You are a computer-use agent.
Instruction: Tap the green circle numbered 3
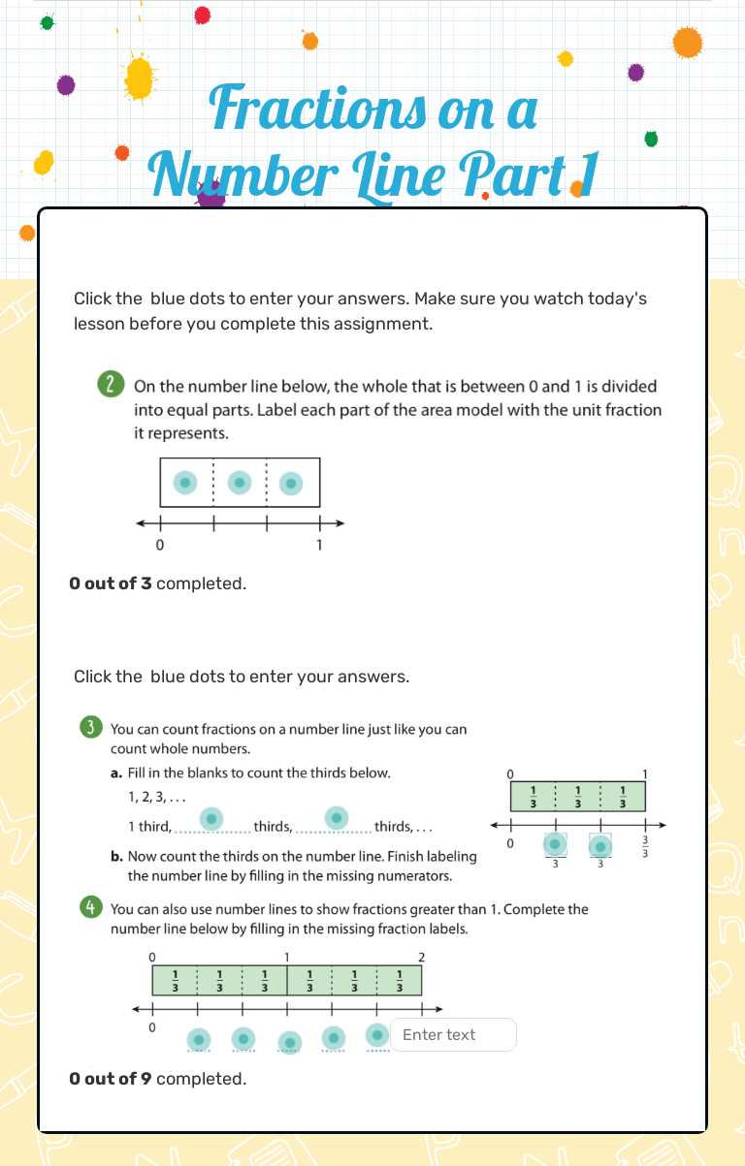click(x=90, y=728)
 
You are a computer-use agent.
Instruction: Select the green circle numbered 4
click(x=90, y=908)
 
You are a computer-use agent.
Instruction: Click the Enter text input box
click(x=453, y=1034)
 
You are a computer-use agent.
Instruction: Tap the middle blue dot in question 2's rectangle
click(x=240, y=482)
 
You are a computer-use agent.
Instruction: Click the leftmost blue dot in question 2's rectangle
click(x=186, y=482)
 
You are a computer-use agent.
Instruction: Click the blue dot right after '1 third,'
click(x=211, y=819)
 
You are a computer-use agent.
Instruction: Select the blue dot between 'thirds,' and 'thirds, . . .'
click(x=336, y=818)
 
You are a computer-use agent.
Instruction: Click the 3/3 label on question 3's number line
click(x=645, y=845)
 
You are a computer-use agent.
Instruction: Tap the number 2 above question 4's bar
click(x=421, y=957)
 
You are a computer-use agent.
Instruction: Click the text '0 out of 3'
click(x=111, y=583)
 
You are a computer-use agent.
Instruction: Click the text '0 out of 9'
click(x=111, y=1078)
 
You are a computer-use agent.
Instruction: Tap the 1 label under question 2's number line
click(x=319, y=545)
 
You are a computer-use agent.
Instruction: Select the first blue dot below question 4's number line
click(x=199, y=1039)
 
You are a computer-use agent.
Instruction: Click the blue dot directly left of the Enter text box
click(x=377, y=1035)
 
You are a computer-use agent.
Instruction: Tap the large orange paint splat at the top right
click(x=687, y=42)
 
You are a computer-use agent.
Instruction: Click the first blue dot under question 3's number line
click(x=555, y=845)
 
